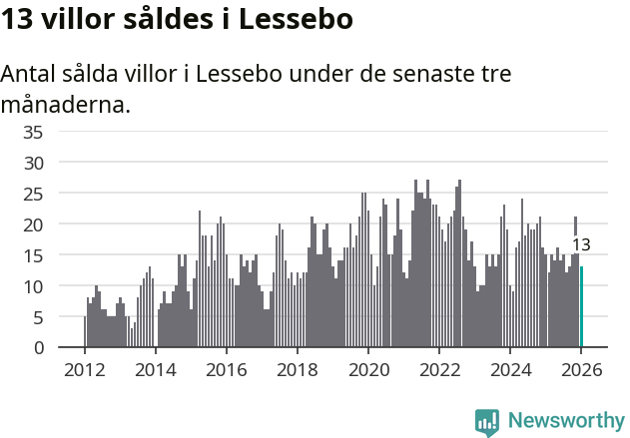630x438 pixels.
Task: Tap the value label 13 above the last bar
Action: (x=581, y=244)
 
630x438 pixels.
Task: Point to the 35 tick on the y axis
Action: (x=33, y=132)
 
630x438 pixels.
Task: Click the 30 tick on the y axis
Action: (x=33, y=163)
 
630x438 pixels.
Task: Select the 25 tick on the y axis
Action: (x=33, y=194)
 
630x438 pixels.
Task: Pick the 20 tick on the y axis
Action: (x=33, y=224)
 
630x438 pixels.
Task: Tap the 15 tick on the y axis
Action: (x=33, y=255)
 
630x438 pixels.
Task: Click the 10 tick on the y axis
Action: (x=33, y=286)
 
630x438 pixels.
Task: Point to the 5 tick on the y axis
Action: (x=38, y=317)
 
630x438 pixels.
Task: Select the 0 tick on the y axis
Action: (x=38, y=348)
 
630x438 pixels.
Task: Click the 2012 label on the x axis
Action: (x=84, y=369)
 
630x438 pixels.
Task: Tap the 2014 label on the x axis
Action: (x=155, y=369)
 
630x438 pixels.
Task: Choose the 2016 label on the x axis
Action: (x=226, y=369)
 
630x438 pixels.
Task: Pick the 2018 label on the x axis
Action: (x=297, y=369)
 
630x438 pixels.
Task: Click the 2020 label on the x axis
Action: (x=367, y=369)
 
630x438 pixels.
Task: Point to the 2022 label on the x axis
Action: (x=438, y=369)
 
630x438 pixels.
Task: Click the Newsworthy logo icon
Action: (x=487, y=422)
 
